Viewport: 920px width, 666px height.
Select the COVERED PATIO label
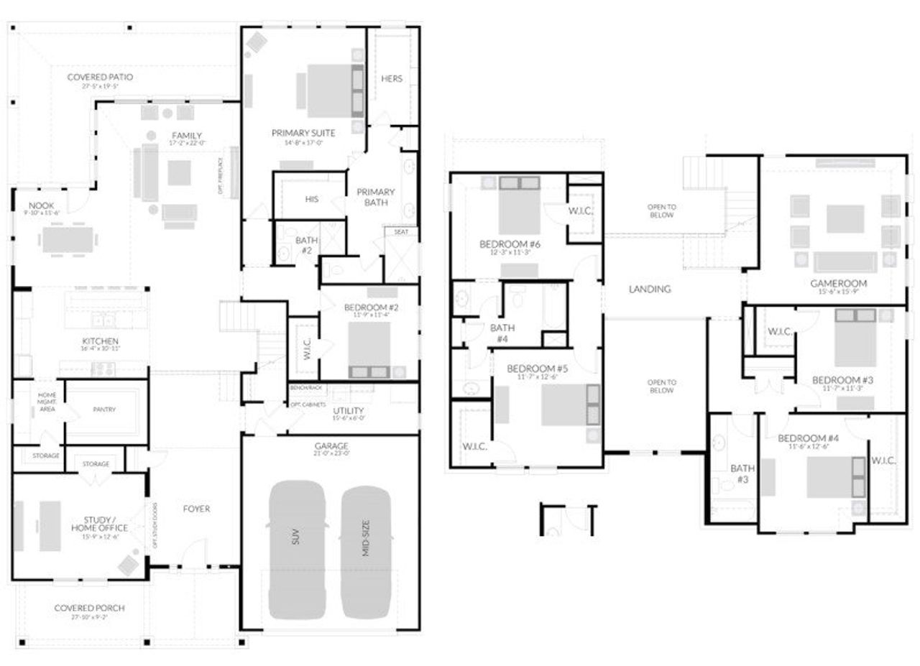(x=100, y=77)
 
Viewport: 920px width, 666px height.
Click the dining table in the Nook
(x=69, y=239)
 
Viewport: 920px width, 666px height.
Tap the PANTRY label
(x=104, y=410)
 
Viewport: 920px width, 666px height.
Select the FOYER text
(x=196, y=509)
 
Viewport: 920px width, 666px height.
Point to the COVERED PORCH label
(x=89, y=608)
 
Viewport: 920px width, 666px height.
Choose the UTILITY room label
(x=349, y=411)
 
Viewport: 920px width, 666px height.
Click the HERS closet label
(x=392, y=78)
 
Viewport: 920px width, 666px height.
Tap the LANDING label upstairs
(x=649, y=289)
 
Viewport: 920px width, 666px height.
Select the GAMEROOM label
(x=838, y=283)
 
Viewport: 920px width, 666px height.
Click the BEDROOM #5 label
(x=542, y=369)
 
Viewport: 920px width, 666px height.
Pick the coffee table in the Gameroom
(x=845, y=219)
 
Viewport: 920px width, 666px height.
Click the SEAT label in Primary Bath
(x=400, y=232)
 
